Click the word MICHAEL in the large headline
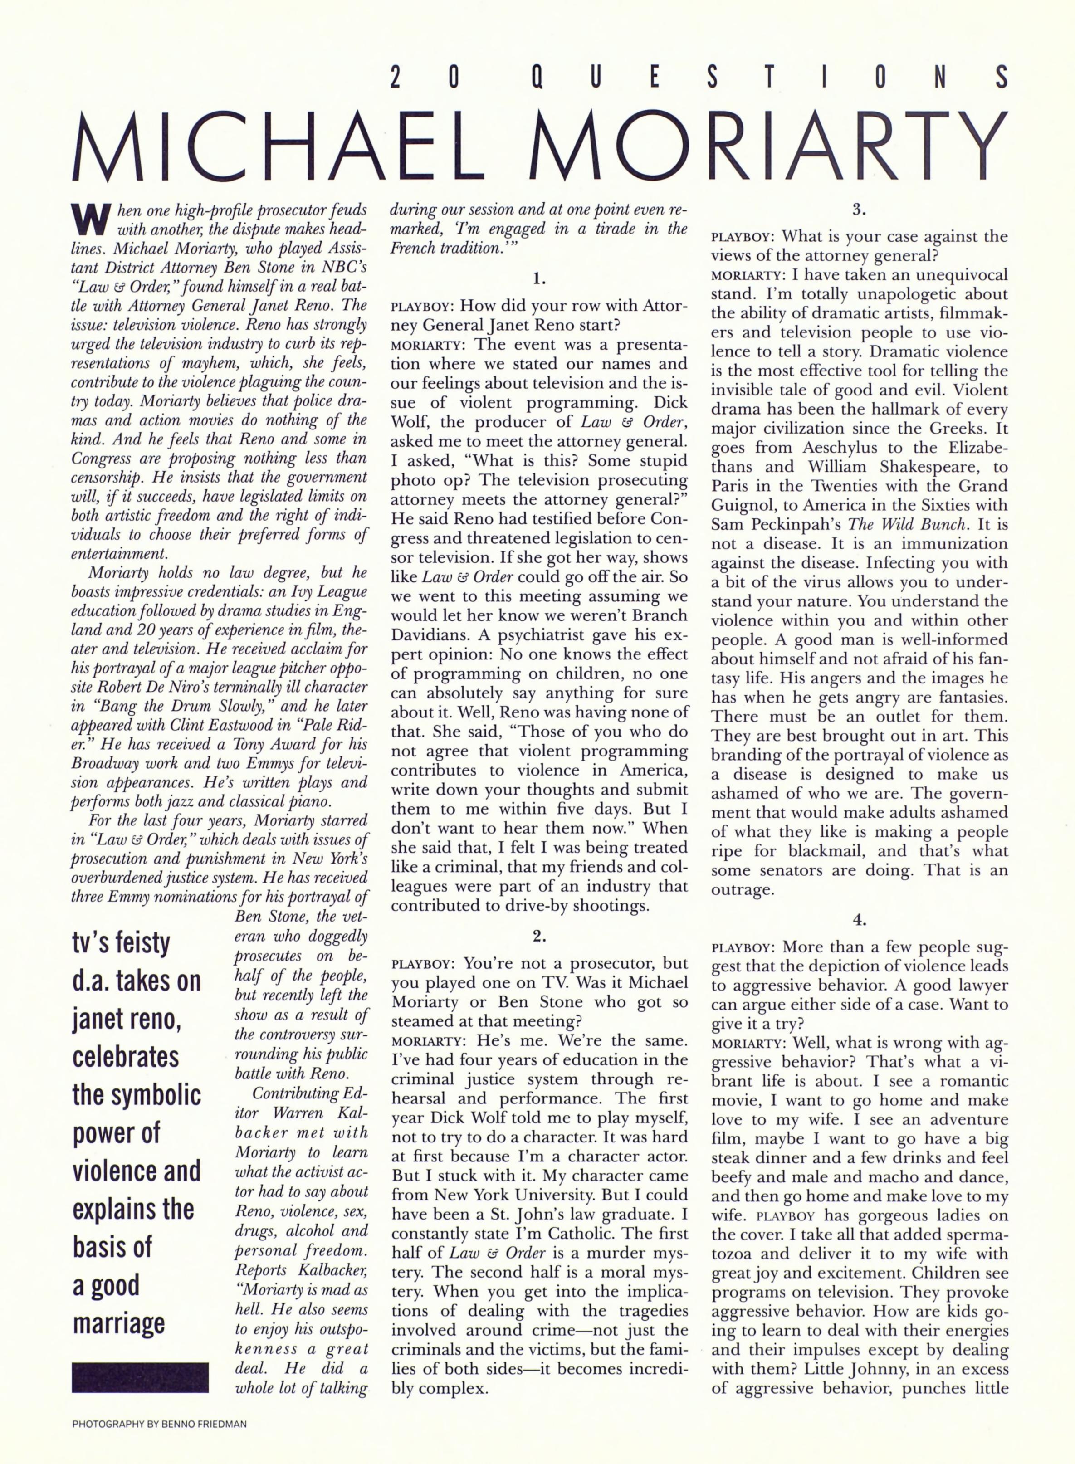[x=280, y=148]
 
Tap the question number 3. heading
[x=859, y=210]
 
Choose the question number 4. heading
[x=859, y=920]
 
